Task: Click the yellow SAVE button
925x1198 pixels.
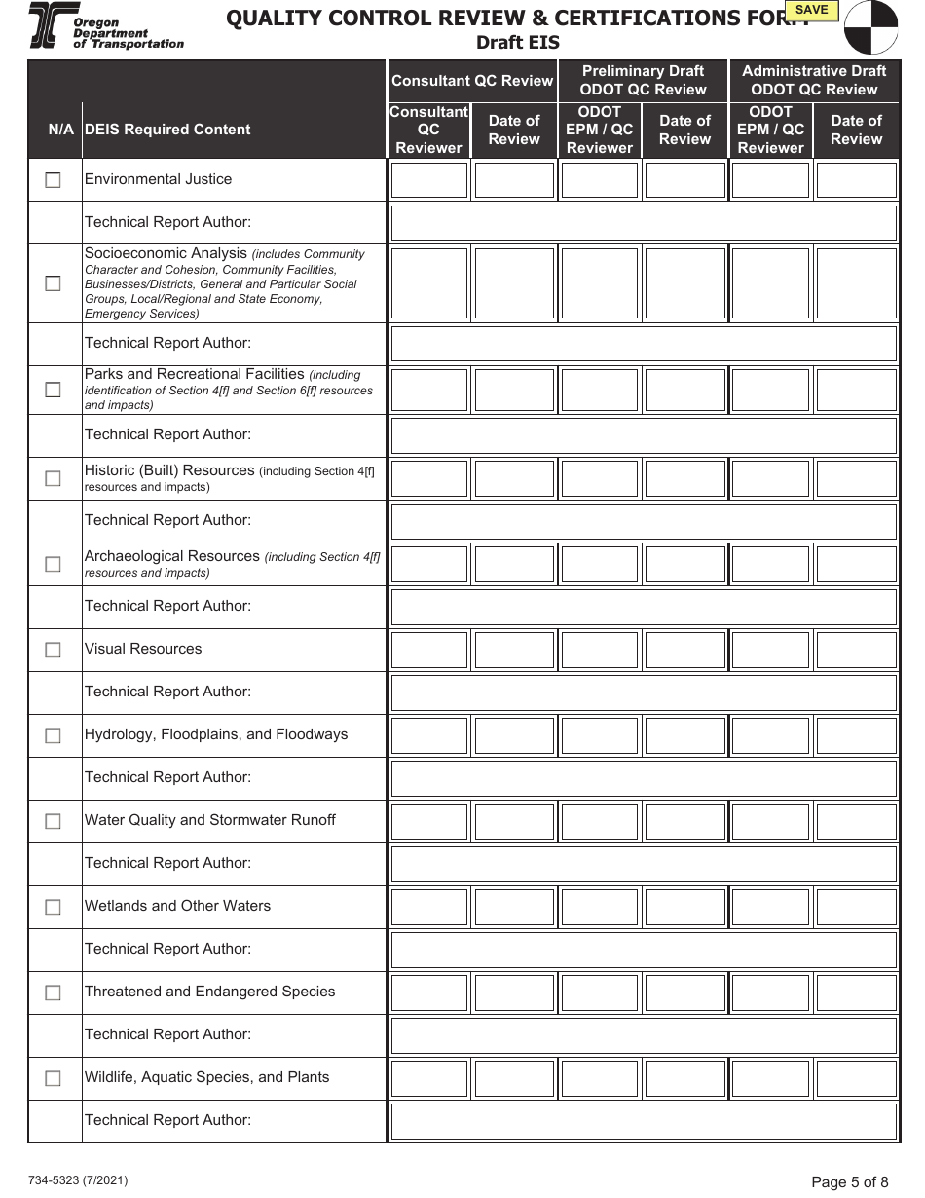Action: (x=811, y=11)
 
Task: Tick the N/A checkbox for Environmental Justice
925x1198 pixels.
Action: (x=53, y=180)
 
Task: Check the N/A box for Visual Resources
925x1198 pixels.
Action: (x=53, y=650)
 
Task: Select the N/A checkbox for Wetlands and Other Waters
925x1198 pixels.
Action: (x=53, y=907)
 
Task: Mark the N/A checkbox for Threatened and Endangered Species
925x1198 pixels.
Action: (x=53, y=992)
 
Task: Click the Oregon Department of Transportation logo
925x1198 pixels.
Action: (x=105, y=25)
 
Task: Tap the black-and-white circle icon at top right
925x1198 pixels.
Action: (x=870, y=27)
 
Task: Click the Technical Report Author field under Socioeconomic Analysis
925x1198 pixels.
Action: (x=643, y=344)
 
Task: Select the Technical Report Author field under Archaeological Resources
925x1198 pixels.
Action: (x=643, y=607)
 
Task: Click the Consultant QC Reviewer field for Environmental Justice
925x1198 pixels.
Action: (x=429, y=180)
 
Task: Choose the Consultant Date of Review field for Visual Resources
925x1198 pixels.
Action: (x=514, y=650)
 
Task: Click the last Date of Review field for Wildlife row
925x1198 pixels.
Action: (x=856, y=1078)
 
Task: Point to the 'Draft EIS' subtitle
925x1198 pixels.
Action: (x=517, y=43)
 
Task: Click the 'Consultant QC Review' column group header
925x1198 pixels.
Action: (x=472, y=81)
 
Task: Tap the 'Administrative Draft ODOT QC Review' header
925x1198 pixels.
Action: (x=814, y=80)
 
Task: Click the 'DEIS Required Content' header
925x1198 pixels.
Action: (x=167, y=130)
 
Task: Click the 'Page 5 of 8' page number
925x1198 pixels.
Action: (x=849, y=1182)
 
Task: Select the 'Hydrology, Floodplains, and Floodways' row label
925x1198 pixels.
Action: (x=216, y=734)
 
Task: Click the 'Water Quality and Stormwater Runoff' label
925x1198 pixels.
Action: (x=210, y=820)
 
